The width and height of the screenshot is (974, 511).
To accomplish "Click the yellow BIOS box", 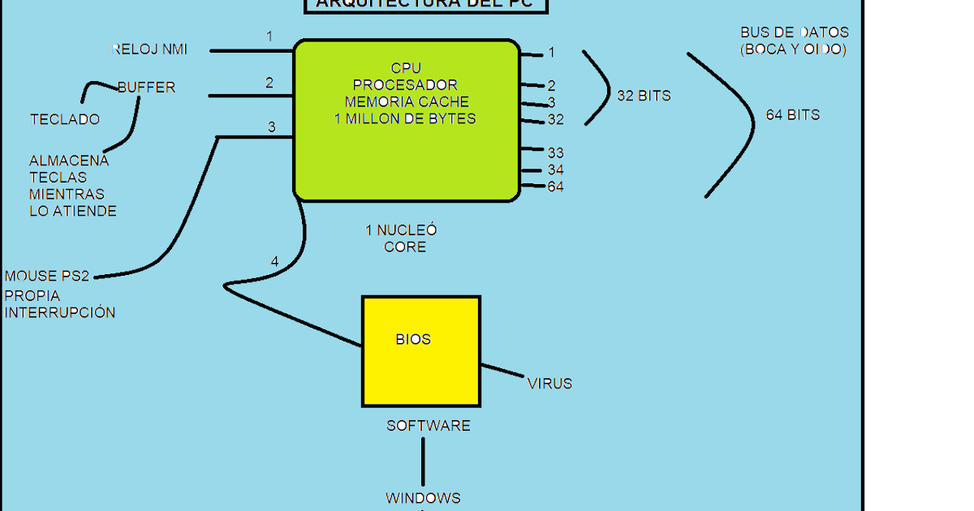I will [x=420, y=351].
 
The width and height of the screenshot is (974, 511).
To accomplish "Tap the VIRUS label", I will [x=549, y=384].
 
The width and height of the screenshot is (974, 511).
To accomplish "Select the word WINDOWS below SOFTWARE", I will [x=423, y=498].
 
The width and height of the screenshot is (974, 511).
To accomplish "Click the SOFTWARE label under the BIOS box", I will [x=428, y=426].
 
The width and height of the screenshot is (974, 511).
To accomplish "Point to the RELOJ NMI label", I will [x=149, y=49].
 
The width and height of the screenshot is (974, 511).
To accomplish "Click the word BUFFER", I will [x=146, y=87].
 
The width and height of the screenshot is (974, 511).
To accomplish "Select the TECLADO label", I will [x=65, y=119].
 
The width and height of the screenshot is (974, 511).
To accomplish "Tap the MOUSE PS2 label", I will [x=47, y=277].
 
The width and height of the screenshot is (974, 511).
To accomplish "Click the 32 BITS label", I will [x=644, y=96].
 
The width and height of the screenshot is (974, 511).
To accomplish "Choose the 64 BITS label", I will [x=792, y=115].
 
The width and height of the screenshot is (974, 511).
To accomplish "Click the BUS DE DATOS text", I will [x=794, y=32].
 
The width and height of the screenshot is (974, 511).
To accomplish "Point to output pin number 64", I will [x=555, y=187].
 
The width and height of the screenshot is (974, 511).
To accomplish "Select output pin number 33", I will [x=555, y=152].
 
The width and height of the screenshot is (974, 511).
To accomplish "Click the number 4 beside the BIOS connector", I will [x=274, y=261].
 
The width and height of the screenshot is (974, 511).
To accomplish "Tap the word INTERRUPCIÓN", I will [x=60, y=312].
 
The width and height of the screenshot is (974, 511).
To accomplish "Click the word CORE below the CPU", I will [x=405, y=247].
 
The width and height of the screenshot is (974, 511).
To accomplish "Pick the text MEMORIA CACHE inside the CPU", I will [x=407, y=102].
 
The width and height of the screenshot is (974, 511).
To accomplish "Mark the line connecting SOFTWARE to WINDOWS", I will [x=423, y=462].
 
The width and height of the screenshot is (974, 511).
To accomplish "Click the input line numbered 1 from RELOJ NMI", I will [x=252, y=50].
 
